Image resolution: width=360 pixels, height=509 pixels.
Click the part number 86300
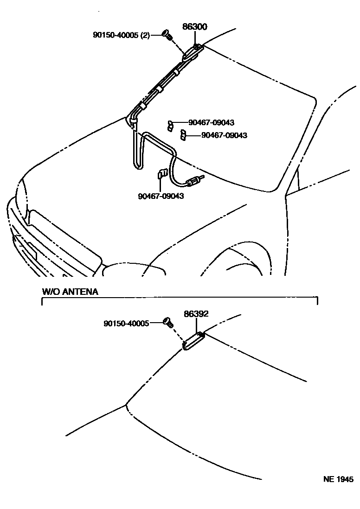point(194,27)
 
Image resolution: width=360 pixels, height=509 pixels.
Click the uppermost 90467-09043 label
point(211,123)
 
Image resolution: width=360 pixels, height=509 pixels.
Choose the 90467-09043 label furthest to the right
point(224,135)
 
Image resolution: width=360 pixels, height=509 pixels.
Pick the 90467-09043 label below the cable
point(161,196)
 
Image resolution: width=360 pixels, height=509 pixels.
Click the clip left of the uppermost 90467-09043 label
point(171,124)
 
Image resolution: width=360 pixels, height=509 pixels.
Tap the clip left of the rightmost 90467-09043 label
point(183,135)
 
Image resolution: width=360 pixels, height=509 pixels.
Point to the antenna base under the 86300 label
point(191,53)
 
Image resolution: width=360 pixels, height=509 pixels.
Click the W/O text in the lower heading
point(49,292)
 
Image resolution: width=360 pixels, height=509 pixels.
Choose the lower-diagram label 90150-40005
point(126,323)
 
